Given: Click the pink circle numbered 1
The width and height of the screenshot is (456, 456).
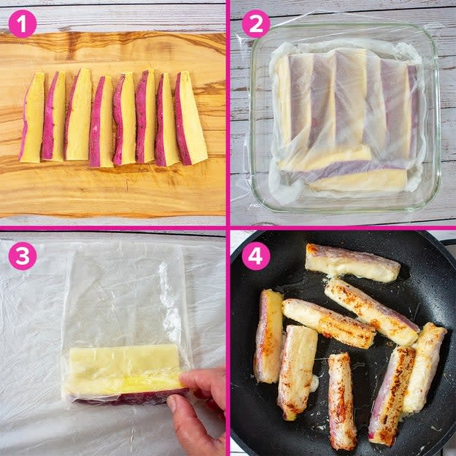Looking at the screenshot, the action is [23, 24].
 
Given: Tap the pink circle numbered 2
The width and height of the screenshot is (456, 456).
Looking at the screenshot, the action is [256, 24].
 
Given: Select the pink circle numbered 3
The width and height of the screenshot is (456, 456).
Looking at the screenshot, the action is [23, 256].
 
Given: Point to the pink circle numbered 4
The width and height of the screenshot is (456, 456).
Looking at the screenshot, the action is [256, 256].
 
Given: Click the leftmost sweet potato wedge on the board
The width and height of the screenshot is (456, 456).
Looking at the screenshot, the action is [32, 117].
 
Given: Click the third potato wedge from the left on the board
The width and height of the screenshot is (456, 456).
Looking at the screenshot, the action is [78, 115].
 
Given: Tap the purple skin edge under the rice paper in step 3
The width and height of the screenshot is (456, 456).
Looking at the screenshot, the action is [128, 398].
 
